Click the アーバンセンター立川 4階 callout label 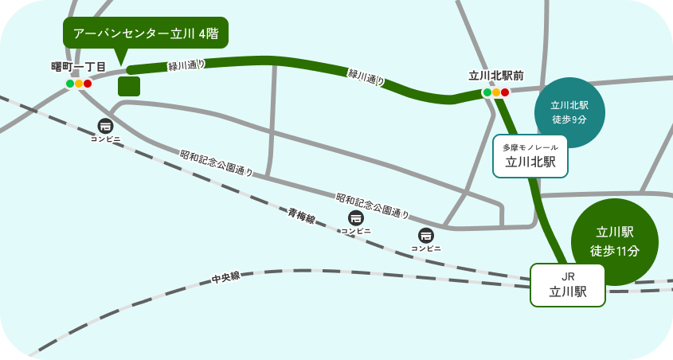(x=145, y=33)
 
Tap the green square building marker (x=129, y=86)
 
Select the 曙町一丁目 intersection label (x=79, y=66)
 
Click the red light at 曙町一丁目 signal (x=88, y=84)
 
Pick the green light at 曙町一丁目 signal (x=70, y=84)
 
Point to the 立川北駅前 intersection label (x=495, y=76)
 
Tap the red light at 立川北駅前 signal (x=505, y=92)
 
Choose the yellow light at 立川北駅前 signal (x=495, y=92)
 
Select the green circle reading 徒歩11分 (x=615, y=241)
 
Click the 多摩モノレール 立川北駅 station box (x=530, y=156)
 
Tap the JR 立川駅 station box (x=568, y=284)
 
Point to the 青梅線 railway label (x=302, y=216)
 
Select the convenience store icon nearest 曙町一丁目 (x=105, y=126)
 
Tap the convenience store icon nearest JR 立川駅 (x=426, y=236)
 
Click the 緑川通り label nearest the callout (x=186, y=65)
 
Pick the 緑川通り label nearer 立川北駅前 (x=366, y=76)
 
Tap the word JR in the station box (x=568, y=276)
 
